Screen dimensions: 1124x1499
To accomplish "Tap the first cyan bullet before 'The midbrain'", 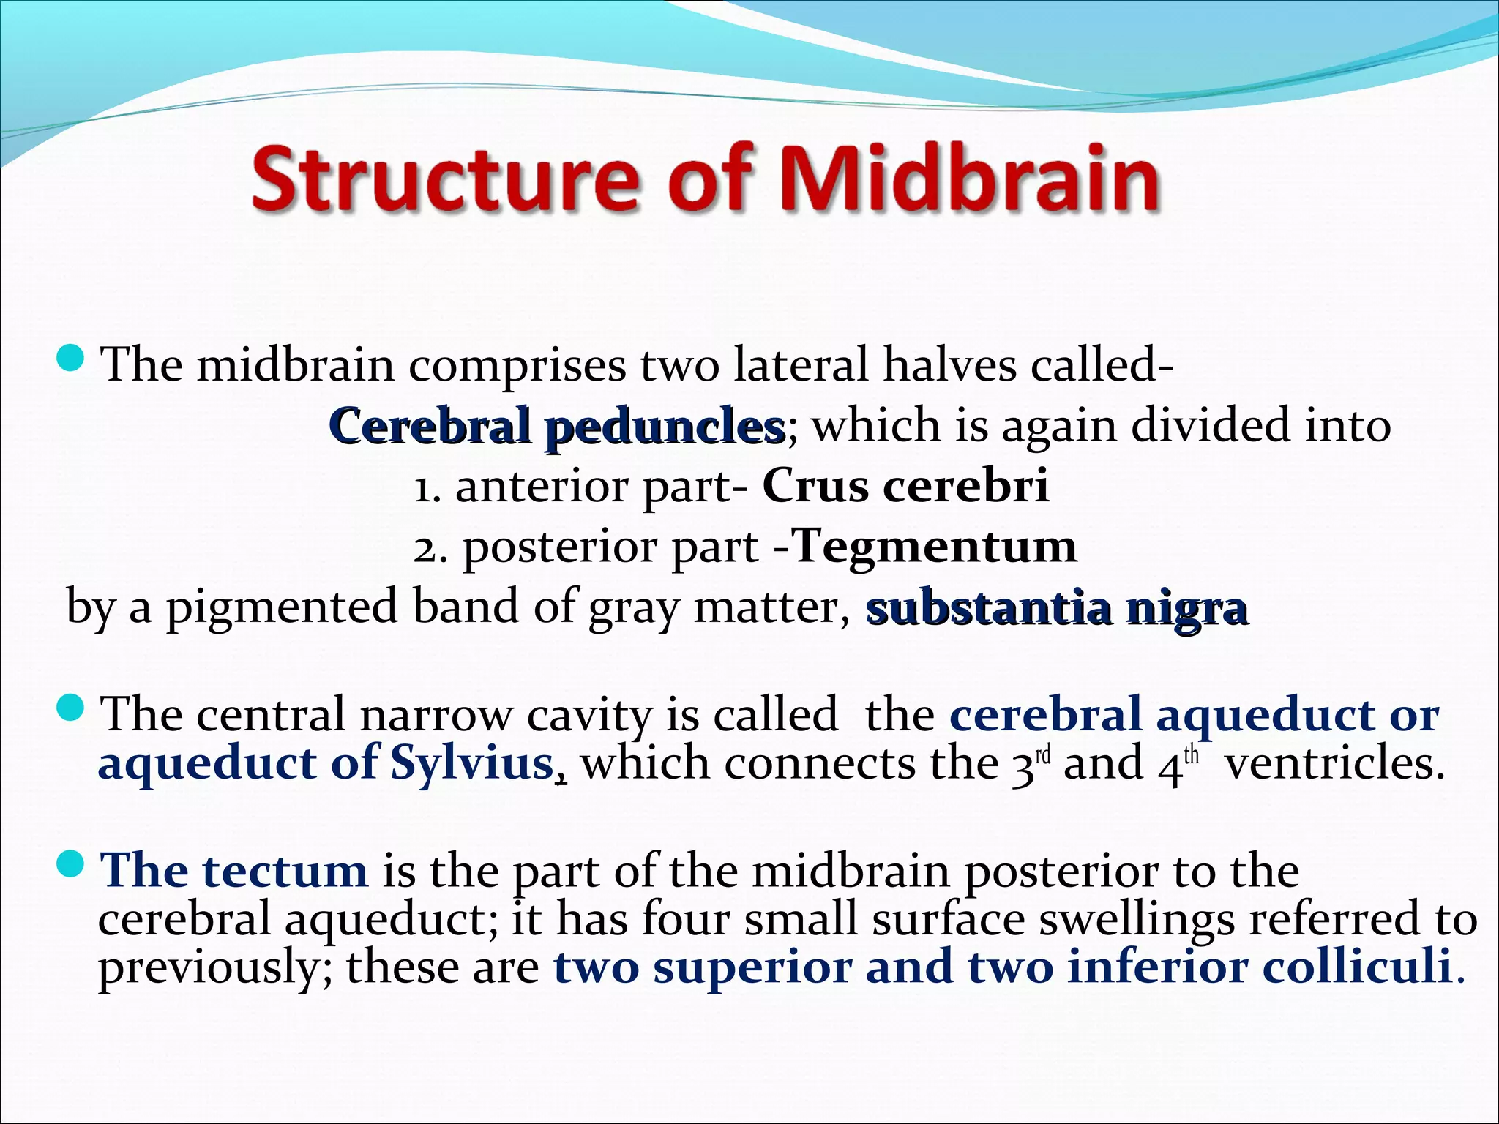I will coord(71,359).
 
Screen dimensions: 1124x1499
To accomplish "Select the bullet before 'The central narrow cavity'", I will coord(71,708).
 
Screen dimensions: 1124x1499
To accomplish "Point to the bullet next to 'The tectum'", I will coord(71,866).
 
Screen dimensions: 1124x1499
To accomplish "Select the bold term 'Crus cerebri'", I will coord(905,486).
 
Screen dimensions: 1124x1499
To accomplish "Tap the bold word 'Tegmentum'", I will coord(935,546).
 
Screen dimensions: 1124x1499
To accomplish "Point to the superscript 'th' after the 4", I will coord(1192,754).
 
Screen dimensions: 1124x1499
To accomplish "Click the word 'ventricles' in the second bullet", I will coord(1334,764).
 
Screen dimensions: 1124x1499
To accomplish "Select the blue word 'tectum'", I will coord(285,871).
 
